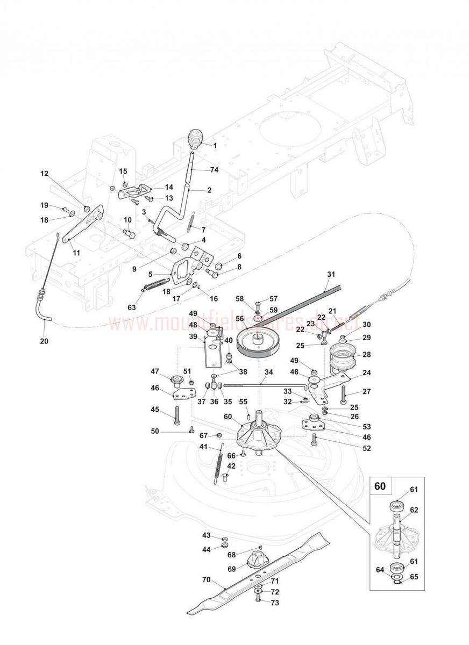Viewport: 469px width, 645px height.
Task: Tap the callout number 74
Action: tap(215, 170)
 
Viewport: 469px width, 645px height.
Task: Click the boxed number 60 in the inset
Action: tap(380, 486)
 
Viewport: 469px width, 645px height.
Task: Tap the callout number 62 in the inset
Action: tap(414, 510)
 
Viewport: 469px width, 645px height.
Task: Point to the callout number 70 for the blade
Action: tap(206, 579)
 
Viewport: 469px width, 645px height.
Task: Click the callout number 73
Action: tap(275, 603)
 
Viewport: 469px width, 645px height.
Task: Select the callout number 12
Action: tap(44, 174)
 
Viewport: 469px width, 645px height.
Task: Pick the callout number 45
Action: tap(155, 410)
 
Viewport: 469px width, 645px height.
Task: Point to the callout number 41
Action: tap(203, 447)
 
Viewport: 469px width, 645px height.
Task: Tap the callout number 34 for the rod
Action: tap(268, 371)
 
